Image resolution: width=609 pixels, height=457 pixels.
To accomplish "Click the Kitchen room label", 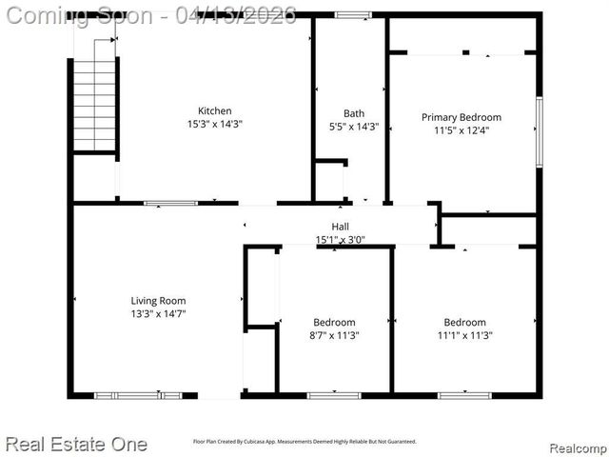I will pos(214,111).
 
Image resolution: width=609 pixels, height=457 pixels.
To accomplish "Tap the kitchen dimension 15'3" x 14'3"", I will pos(214,125).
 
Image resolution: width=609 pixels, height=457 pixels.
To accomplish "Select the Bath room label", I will pos(353,114).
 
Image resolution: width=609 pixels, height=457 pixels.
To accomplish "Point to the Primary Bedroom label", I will pos(461,117).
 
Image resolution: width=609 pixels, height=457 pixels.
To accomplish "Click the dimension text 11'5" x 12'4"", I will pos(461,130).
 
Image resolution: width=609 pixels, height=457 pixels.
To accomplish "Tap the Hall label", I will pos(340,227).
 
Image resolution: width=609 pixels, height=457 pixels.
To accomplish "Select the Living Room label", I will pos(158,301).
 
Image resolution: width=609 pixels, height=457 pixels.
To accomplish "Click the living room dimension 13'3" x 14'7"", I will pos(158,313).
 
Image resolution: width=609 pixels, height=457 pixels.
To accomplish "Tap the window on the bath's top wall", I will pos(353,15).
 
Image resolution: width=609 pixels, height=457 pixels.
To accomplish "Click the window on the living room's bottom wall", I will pos(138,395).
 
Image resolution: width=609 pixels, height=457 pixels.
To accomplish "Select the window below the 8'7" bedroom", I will pos(334,395).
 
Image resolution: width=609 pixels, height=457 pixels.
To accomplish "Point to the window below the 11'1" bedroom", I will pos(464,395).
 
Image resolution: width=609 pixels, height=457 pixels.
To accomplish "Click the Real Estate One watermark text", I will pos(76,444).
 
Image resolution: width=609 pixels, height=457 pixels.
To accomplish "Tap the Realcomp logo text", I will pos(579,447).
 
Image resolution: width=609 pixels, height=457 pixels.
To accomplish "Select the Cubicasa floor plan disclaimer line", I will pos(304,442).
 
